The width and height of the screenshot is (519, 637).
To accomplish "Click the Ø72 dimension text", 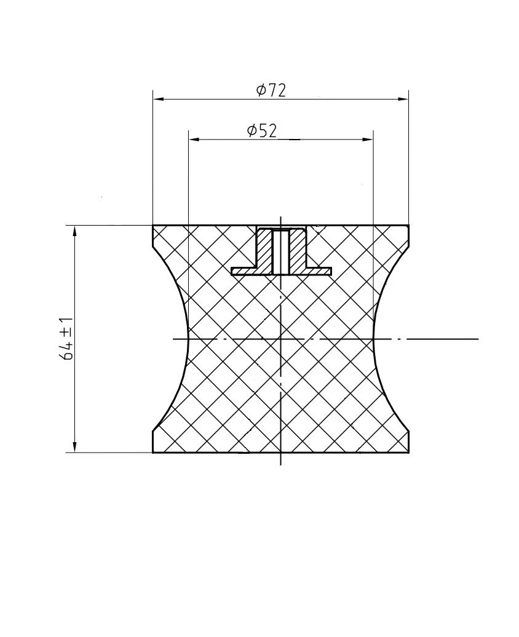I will click(x=271, y=90).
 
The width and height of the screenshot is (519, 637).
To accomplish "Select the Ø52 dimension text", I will click(x=262, y=131).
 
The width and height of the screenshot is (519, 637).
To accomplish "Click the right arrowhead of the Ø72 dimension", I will click(x=404, y=98).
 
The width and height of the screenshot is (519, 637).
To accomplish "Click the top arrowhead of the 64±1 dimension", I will click(x=74, y=231).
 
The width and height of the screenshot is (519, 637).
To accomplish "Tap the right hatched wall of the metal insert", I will click(x=298, y=249).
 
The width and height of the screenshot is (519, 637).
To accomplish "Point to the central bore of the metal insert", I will click(x=281, y=252).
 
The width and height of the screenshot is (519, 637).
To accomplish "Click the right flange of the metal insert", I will click(x=319, y=271).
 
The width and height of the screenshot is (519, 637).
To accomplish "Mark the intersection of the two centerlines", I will click(x=281, y=339).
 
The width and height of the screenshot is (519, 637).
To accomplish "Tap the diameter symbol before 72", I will click(x=261, y=91).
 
